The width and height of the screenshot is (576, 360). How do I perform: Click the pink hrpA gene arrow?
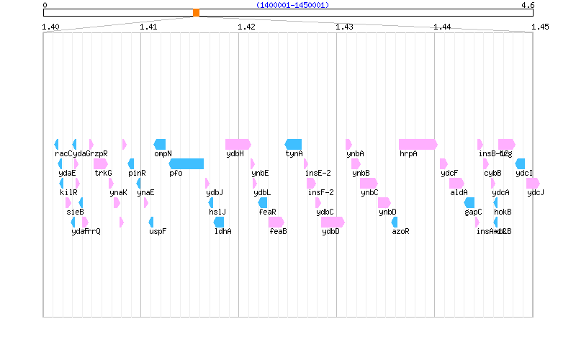pyautogui.click(x=418, y=144)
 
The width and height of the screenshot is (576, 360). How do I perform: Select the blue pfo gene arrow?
pyautogui.click(x=186, y=163)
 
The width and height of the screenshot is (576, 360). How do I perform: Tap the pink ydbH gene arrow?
pyautogui.click(x=238, y=144)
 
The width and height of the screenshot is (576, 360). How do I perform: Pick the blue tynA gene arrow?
pyautogui.click(x=293, y=144)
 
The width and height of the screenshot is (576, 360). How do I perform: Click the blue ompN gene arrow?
pyautogui.click(x=160, y=144)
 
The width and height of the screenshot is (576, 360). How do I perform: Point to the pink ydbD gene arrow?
pyautogui.click(x=333, y=222)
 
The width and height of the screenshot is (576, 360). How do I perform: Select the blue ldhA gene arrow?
pyautogui.click(x=219, y=222)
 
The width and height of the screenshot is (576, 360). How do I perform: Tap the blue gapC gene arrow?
pyautogui.click(x=469, y=202)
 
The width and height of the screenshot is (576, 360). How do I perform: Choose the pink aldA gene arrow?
pyautogui.click(x=456, y=183)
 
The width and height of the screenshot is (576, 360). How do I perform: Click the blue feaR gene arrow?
pyautogui.click(x=263, y=202)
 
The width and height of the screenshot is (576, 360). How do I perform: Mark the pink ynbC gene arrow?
pyautogui.click(x=368, y=183)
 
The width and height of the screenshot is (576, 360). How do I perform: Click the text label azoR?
pyautogui.click(x=400, y=232)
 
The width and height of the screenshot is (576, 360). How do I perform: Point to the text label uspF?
pyautogui.click(x=158, y=232)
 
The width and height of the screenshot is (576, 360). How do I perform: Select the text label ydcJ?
pyautogui.click(x=536, y=193)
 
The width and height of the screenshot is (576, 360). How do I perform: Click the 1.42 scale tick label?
pyautogui.click(x=246, y=27)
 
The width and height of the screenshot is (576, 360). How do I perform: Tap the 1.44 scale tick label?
pyautogui.click(x=442, y=27)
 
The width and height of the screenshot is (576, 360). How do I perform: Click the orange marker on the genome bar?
pyautogui.click(x=196, y=12)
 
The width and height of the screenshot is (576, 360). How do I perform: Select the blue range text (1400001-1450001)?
pyautogui.click(x=292, y=5)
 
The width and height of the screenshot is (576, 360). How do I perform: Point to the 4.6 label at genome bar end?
pyautogui.click(x=528, y=5)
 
